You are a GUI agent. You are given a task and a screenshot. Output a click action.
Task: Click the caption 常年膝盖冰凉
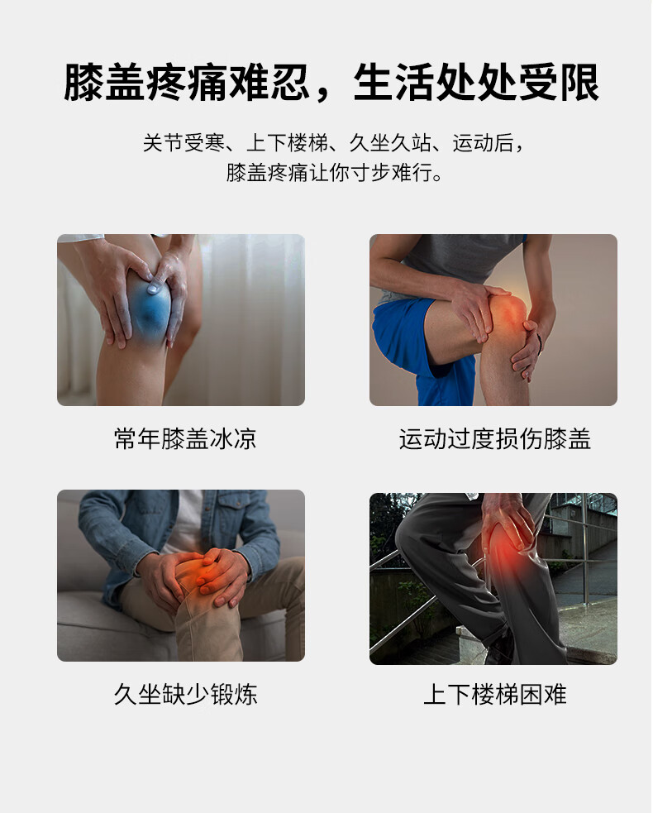click(185, 438)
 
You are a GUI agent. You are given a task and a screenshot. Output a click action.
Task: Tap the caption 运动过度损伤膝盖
click(495, 438)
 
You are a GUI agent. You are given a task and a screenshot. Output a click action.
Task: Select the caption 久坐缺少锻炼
click(185, 694)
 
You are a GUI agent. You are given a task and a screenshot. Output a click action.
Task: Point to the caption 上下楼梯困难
click(495, 694)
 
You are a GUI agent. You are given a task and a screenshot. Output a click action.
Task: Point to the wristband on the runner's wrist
click(540, 344)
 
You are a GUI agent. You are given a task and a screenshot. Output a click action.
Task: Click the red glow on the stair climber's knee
click(511, 550)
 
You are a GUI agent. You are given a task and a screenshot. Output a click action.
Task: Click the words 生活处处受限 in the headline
click(476, 83)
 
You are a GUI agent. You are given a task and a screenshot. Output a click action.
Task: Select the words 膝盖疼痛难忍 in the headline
click(186, 83)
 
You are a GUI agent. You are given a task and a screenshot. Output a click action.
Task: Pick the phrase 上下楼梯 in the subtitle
click(287, 143)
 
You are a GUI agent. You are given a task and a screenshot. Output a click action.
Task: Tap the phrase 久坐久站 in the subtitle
click(389, 143)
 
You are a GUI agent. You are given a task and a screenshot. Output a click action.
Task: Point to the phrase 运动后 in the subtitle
click(483, 143)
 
